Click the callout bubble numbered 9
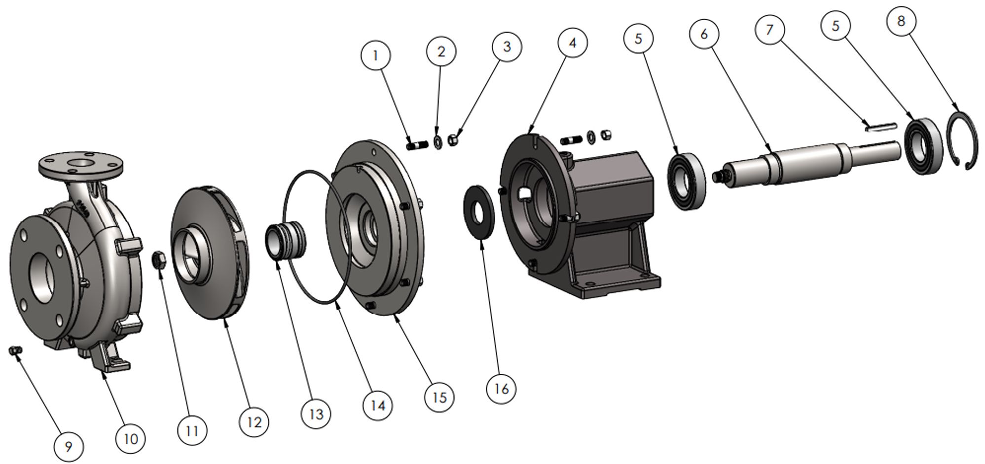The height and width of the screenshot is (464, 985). (69, 447)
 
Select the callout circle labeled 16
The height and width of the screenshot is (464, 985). (501, 389)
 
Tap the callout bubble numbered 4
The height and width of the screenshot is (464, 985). (572, 43)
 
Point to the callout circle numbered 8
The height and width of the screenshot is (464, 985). (901, 21)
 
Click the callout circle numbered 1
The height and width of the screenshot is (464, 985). (376, 55)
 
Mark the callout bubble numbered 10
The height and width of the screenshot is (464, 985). (131, 438)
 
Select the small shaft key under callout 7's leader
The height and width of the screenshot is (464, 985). (879, 127)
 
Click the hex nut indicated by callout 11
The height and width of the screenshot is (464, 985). (159, 259)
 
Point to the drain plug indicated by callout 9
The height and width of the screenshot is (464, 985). (15, 351)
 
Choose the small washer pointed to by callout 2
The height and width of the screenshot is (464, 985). (437, 142)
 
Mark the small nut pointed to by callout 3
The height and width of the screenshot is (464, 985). (452, 140)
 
